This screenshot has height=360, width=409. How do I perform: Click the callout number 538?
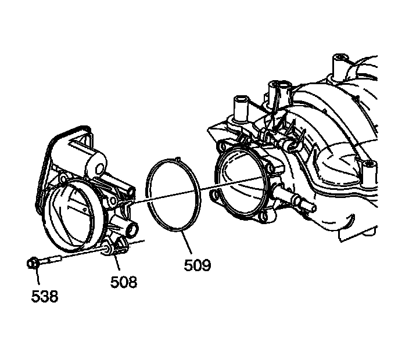(45, 297)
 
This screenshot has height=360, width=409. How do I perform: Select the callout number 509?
(198, 266)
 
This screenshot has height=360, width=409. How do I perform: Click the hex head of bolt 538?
(34, 264)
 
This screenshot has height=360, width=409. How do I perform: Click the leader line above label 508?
(118, 264)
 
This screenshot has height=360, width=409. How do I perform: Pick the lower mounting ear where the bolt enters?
(113, 247)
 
